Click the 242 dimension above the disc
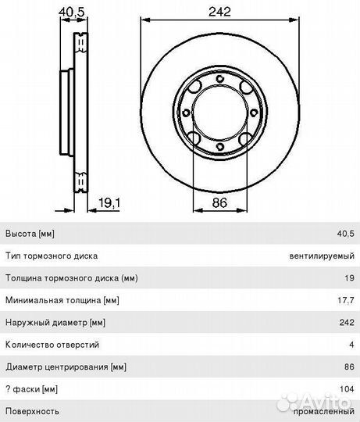[x=219, y=12]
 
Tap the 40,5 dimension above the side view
[x=72, y=12]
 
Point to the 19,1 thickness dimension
[x=109, y=202]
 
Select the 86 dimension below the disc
[x=219, y=202]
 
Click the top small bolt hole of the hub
[x=220, y=79]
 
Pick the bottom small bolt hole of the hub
[x=220, y=147]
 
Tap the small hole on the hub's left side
[x=186, y=113]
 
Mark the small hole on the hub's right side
[x=254, y=113]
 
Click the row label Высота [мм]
[x=30, y=234]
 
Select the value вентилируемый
[x=322, y=256]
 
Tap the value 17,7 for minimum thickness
[x=346, y=300]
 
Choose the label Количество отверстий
[x=52, y=345]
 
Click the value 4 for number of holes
[x=351, y=345]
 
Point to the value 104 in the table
[x=347, y=389]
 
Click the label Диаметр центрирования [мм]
[x=66, y=367]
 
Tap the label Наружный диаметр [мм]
[x=55, y=323]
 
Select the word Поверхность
[x=32, y=411]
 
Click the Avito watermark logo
[x=315, y=402]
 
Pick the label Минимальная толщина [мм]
[x=62, y=300]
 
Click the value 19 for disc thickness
[x=349, y=278]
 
